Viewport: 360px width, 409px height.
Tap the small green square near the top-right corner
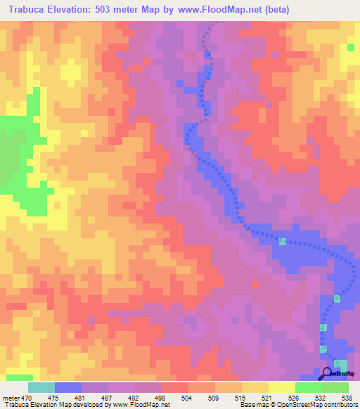click(x=350, y=47)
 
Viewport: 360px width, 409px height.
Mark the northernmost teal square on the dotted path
click(x=283, y=242)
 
